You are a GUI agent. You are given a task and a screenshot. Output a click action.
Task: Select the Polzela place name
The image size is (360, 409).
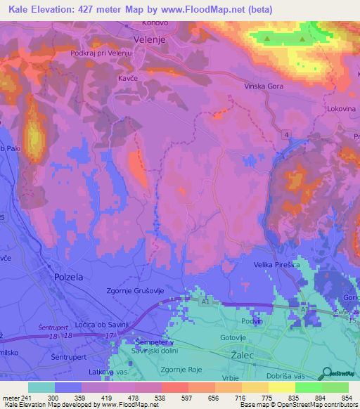coord(68,277)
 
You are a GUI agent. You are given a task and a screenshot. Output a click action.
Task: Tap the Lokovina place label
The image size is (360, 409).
coord(342,110)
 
